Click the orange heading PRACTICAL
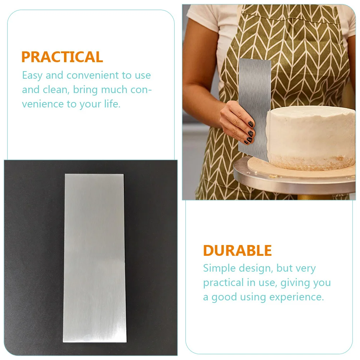click(x=62, y=57)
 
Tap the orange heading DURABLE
click(x=237, y=250)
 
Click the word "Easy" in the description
click(x=32, y=76)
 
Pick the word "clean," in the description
click(x=56, y=90)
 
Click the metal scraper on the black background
click(x=94, y=258)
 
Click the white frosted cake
click(x=311, y=133)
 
